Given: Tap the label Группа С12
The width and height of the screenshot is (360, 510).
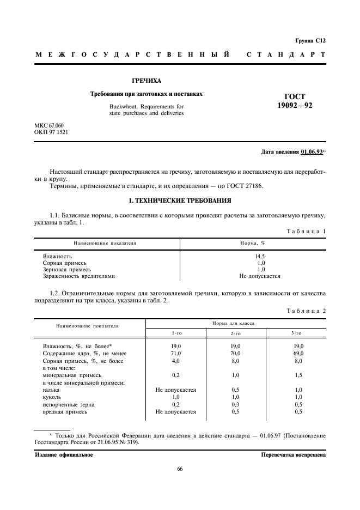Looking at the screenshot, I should click(310, 40).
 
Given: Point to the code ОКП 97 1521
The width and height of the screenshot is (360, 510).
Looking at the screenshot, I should click(52, 132).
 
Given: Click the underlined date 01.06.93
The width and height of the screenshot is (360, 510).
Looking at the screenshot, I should click(310, 151).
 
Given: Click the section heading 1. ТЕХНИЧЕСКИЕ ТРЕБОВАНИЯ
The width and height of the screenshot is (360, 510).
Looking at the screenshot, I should click(179, 201).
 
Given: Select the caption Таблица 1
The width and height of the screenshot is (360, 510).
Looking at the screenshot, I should click(306, 230).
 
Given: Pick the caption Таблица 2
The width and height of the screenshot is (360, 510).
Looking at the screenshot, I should click(306, 311).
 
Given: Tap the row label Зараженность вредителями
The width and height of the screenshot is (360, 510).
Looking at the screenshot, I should click(79, 276).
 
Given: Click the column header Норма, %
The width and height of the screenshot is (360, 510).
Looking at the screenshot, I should click(253, 243).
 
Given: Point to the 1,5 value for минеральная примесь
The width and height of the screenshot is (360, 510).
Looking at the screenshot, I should click(298, 375).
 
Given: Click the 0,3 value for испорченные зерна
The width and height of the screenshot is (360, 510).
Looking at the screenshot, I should click(236, 404).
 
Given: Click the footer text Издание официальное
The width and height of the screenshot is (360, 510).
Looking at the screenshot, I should click(64, 454).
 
